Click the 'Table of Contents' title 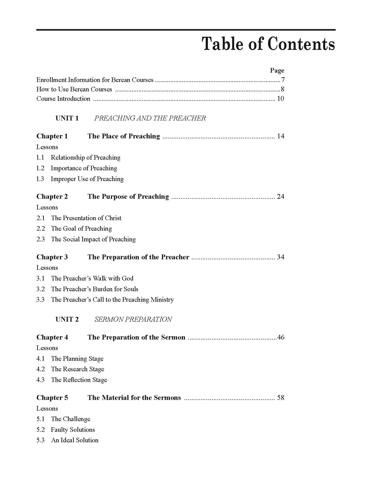coord(269,44)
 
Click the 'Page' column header coord(277,70)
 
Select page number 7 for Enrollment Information coord(283,80)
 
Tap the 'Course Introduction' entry coord(63,99)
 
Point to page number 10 coord(280,99)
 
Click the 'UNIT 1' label coord(67,118)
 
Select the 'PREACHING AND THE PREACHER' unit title coord(150,118)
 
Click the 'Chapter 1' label coord(52,136)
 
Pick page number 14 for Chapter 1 coord(280,136)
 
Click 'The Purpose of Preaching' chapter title coord(128,197)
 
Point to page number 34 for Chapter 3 coord(280,257)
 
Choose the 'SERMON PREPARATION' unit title coord(133,319)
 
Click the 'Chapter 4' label coord(52,337)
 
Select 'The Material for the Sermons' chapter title coord(134,398)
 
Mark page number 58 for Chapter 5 coord(280,398)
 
